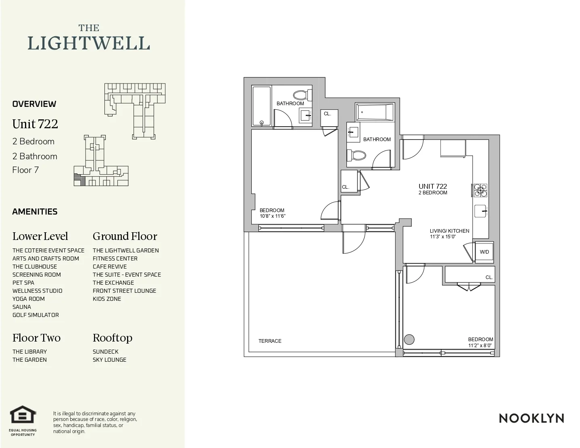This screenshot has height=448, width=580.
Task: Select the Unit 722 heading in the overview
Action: (35, 124)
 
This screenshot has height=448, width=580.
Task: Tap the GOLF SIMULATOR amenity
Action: (35, 315)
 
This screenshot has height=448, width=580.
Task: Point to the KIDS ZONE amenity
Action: (107, 299)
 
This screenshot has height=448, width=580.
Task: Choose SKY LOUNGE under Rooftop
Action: (109, 360)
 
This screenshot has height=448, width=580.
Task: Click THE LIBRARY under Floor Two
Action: (29, 352)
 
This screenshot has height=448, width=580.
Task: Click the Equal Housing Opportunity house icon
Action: (23, 415)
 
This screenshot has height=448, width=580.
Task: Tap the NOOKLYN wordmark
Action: (531, 419)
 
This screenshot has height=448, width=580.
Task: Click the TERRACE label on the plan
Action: (270, 341)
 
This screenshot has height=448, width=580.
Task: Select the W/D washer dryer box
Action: (484, 252)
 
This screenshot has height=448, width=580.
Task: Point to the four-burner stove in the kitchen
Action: (480, 190)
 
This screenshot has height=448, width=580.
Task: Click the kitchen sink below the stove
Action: (480, 211)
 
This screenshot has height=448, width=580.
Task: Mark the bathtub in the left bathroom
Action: (261, 106)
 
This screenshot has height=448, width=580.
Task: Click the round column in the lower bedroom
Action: (409, 340)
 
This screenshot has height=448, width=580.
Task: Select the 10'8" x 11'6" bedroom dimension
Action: (272, 216)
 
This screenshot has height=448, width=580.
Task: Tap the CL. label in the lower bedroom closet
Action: (489, 277)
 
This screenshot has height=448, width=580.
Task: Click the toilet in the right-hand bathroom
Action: (357, 155)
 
